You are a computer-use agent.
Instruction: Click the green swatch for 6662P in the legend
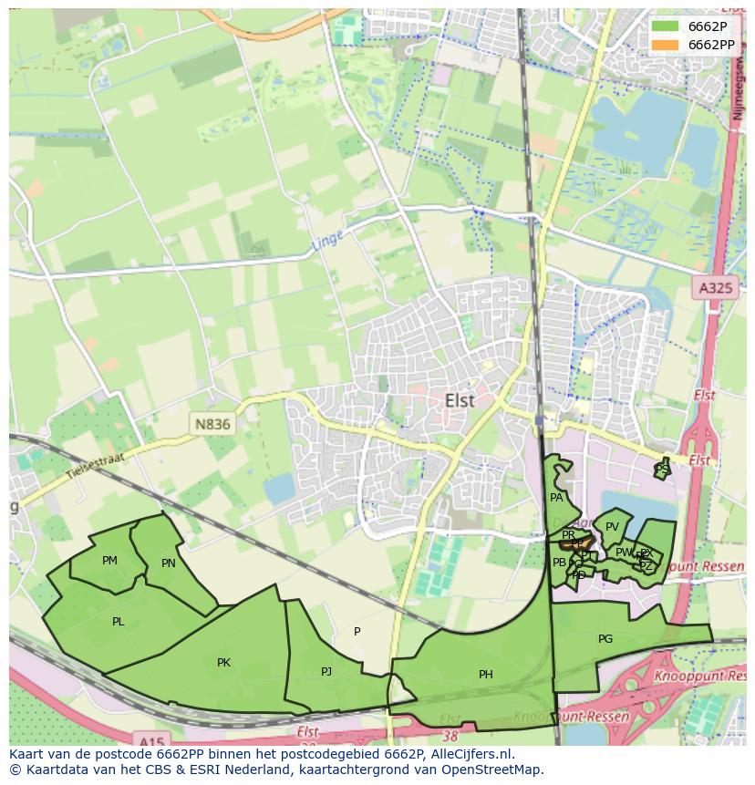[666, 26]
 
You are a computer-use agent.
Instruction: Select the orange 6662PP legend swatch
[666, 45]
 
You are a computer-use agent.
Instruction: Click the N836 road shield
[212, 424]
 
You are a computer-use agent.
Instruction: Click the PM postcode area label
[109, 561]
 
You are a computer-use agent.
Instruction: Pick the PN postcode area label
[168, 563]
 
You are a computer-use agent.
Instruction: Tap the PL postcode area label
[118, 622]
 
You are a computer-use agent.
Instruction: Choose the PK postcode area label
[223, 663]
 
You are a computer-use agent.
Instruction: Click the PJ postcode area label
[326, 672]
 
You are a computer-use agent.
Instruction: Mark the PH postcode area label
[485, 675]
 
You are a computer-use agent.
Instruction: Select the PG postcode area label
[605, 639]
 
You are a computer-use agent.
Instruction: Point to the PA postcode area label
[556, 498]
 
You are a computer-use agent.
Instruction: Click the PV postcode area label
[612, 527]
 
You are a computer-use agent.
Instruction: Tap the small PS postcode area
[662, 469]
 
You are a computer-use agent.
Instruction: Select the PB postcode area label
[559, 563]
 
